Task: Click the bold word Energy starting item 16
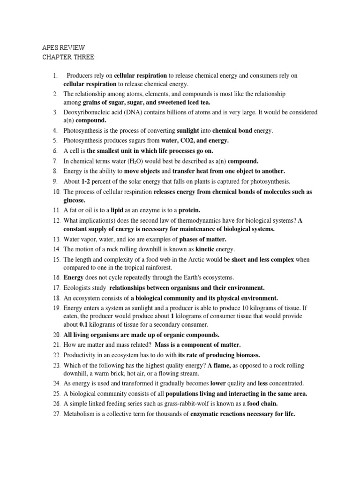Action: pyautogui.click(x=74, y=277)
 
